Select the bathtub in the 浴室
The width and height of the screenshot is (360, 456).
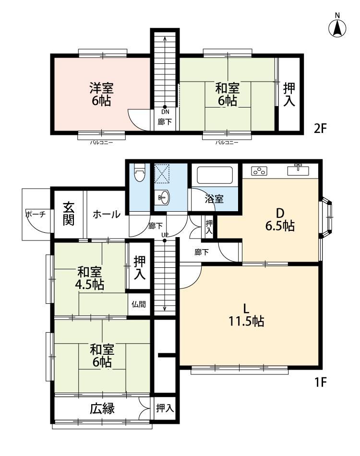pyautogui.click(x=215, y=175)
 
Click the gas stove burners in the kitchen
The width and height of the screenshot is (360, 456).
pyautogui.click(x=260, y=171)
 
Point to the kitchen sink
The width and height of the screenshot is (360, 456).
pyautogui.click(x=299, y=170)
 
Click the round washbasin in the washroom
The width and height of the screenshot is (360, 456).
pyautogui.click(x=163, y=198)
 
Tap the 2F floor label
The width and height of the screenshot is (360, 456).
pyautogui.click(x=321, y=128)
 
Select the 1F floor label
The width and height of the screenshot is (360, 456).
pyautogui.click(x=321, y=382)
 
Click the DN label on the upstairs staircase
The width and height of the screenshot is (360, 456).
pyautogui.click(x=165, y=112)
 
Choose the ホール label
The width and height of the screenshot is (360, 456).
pyautogui.click(x=107, y=215)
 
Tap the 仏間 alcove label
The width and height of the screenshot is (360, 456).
pyautogui.click(x=138, y=304)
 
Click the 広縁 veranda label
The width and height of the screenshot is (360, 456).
pyautogui.click(x=102, y=408)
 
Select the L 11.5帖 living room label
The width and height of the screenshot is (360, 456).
pyautogui.click(x=246, y=315)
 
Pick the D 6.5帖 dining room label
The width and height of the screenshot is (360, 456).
pyautogui.click(x=280, y=219)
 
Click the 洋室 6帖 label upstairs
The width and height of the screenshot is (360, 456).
pyautogui.click(x=101, y=94)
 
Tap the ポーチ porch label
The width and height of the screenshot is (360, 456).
pyautogui.click(x=36, y=215)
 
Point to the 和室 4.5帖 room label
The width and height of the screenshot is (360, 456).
pyautogui.click(x=90, y=278)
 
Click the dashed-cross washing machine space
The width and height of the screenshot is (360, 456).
pyautogui.click(x=162, y=174)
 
